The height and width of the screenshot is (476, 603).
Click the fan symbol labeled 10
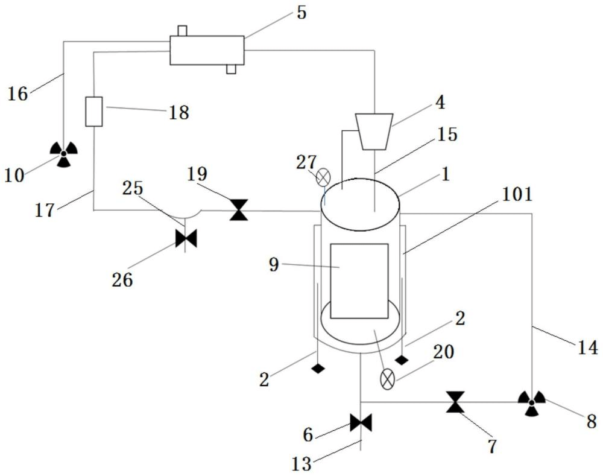coord(64,154)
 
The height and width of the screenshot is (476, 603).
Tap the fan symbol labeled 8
coord(531,403)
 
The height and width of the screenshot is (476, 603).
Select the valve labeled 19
coord(239,210)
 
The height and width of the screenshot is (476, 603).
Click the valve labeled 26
coord(186,238)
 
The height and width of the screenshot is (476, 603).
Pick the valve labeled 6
coord(361,422)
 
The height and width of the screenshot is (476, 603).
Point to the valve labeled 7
coord(455,402)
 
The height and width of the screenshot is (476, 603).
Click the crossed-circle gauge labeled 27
coord(323,177)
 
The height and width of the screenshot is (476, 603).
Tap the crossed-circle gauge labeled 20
coord(387,379)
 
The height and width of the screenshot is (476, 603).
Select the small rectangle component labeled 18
coord(94,112)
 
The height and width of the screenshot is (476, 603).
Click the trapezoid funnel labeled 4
coord(374,132)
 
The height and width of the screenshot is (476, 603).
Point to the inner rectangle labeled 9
coord(359,281)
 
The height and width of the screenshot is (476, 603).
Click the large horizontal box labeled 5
coord(207,50)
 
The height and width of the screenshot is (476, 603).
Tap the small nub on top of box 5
coord(182,31)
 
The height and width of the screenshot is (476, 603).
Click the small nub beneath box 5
coord(231,69)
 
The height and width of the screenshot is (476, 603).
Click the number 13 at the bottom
coord(301,464)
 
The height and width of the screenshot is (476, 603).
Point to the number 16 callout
coord(17,94)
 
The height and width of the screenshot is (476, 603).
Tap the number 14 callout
coord(588,347)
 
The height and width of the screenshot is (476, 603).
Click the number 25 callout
coord(133,188)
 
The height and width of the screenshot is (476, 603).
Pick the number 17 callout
coord(45,211)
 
